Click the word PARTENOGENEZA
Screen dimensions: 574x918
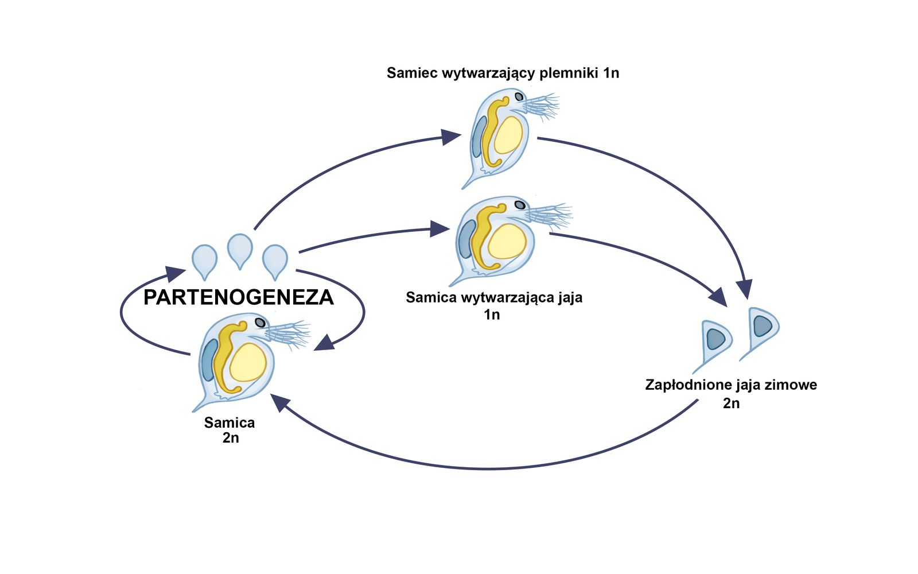(239, 297)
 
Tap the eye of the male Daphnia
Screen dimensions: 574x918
(519, 96)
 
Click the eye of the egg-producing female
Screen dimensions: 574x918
(520, 204)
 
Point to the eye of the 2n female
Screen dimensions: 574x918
(260, 323)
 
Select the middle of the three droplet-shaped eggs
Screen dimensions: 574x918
(240, 249)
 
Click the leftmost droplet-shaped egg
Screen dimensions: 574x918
(204, 259)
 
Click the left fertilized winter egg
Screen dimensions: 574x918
(715, 339)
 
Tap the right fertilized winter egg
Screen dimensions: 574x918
(763, 327)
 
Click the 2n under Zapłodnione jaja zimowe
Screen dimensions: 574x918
(731, 404)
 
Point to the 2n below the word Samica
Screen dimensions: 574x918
(230, 438)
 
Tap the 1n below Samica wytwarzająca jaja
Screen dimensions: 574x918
(492, 315)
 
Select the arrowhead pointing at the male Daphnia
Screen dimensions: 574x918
(451, 137)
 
